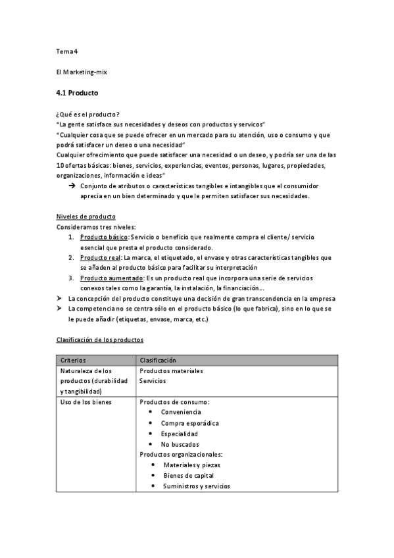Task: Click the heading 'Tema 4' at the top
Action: pyautogui.click(x=68, y=51)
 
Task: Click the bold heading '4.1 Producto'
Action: pyautogui.click(x=78, y=93)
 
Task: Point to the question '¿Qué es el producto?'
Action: pyautogui.click(x=88, y=114)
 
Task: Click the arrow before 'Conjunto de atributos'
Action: pyautogui.click(x=71, y=186)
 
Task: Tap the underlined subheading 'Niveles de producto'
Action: pyautogui.click(x=86, y=217)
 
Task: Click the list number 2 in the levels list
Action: pyautogui.click(x=71, y=257)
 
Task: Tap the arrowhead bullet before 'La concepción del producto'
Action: pyautogui.click(x=60, y=299)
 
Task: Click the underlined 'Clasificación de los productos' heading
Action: pyautogui.click(x=99, y=340)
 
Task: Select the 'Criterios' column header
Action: pyautogui.click(x=73, y=361)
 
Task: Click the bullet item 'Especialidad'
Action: pyautogui.click(x=179, y=434)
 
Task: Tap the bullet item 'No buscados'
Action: pyautogui.click(x=178, y=444)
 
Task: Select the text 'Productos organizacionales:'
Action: pyautogui.click(x=181, y=455)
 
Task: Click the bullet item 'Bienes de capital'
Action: pyautogui.click(x=188, y=476)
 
